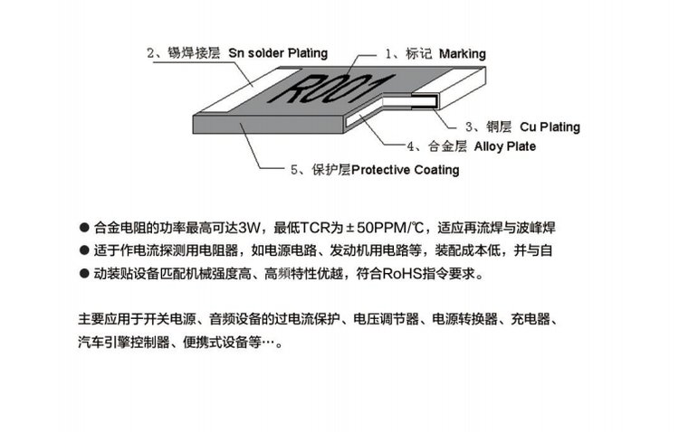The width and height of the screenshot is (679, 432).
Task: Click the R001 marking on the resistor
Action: [x=330, y=89]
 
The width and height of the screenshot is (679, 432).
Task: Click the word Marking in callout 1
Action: [x=462, y=54]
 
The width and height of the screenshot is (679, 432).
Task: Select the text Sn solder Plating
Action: [x=278, y=53]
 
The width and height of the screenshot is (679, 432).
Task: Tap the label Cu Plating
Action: [x=550, y=127]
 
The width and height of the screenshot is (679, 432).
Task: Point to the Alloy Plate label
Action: [x=504, y=146]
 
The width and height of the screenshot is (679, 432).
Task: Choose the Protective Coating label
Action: [x=406, y=170]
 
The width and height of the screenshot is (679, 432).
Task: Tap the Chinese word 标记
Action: [x=419, y=53]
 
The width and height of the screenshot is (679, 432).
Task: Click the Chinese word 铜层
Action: [x=499, y=127]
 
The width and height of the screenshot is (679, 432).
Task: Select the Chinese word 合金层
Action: [x=447, y=146]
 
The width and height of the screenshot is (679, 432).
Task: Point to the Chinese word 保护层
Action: [x=331, y=170]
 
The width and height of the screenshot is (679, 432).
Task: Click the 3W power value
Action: [x=249, y=228]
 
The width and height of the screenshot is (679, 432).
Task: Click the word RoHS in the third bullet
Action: [x=402, y=274]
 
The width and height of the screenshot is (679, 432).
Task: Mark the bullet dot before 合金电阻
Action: [x=84, y=228]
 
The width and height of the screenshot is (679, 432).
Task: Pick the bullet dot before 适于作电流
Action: [x=84, y=250]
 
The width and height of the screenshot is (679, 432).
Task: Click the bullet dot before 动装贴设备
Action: [x=84, y=274]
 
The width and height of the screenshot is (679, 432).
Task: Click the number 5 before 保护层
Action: [x=294, y=170]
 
